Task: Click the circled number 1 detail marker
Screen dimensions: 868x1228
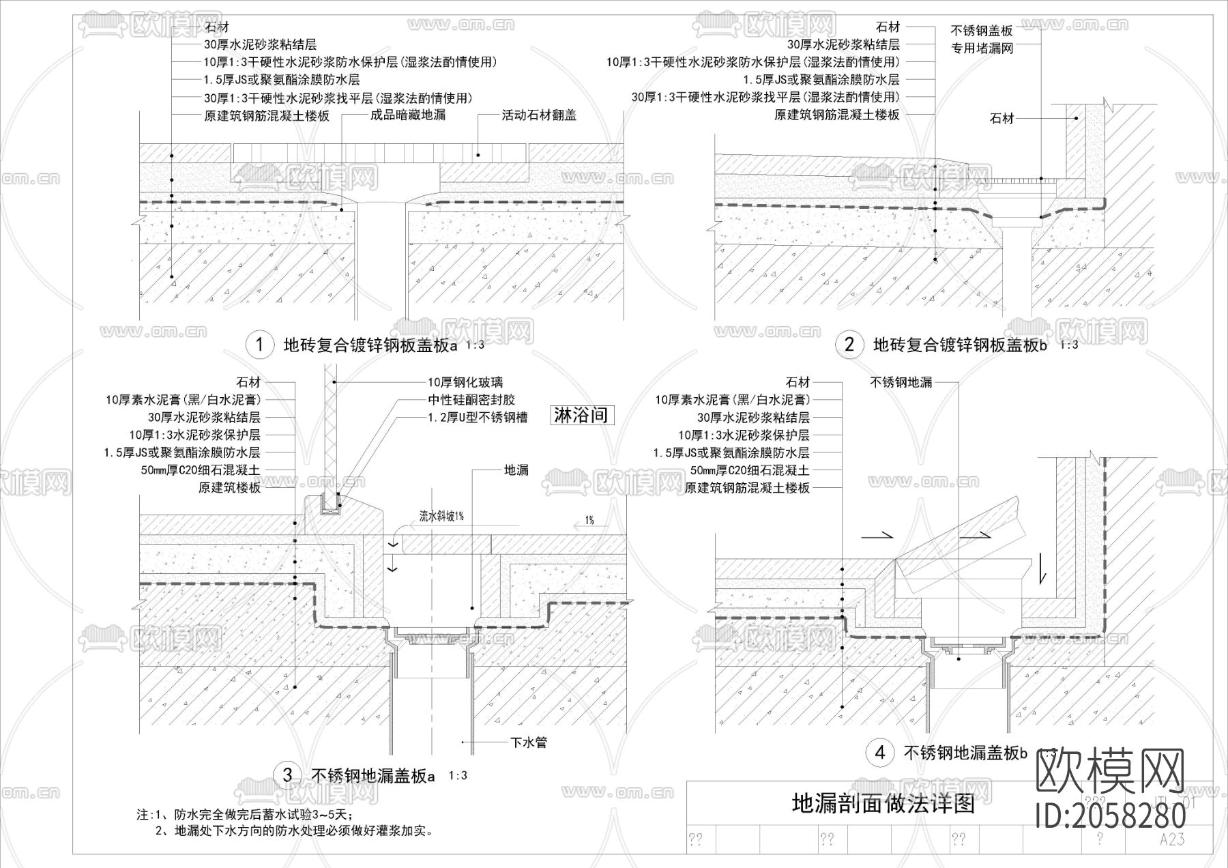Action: click(x=259, y=345)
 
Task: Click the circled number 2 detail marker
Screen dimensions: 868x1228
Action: click(x=849, y=345)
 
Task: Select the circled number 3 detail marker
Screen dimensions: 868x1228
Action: click(x=287, y=775)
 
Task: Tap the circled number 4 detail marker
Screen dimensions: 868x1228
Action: click(x=880, y=753)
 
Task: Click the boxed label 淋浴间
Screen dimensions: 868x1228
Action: click(x=581, y=416)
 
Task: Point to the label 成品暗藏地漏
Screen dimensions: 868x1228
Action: click(x=407, y=115)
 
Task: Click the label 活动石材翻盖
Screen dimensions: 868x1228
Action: click(x=539, y=115)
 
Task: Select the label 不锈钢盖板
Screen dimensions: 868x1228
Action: click(x=982, y=31)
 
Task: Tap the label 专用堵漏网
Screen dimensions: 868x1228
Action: click(x=982, y=48)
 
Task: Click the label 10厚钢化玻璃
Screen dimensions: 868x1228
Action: click(x=465, y=383)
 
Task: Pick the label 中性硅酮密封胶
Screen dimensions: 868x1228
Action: click(x=471, y=400)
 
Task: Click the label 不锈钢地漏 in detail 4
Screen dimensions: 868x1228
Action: click(x=901, y=383)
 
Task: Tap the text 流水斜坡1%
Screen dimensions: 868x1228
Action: click(x=441, y=517)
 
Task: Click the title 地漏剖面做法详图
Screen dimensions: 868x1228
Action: click(x=883, y=804)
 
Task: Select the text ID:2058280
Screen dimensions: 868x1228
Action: click(x=1111, y=815)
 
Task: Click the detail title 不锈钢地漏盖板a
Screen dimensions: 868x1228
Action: click(x=372, y=776)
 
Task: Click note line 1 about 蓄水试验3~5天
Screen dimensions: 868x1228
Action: click(x=252, y=815)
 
